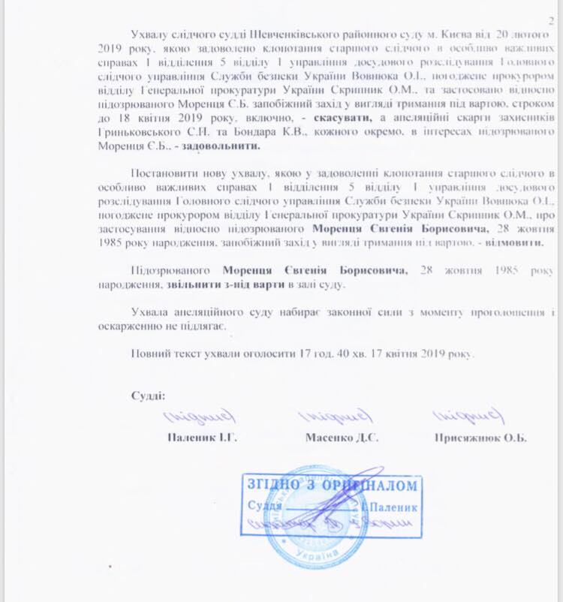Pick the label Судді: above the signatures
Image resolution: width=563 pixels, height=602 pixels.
pos(148,395)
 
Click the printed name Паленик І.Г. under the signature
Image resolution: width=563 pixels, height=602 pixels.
pos(201,437)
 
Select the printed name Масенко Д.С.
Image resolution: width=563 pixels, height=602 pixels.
pos(342,437)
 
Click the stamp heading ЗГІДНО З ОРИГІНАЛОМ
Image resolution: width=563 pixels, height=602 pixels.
pos(331,484)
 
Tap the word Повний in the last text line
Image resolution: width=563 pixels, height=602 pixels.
pos(150,353)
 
